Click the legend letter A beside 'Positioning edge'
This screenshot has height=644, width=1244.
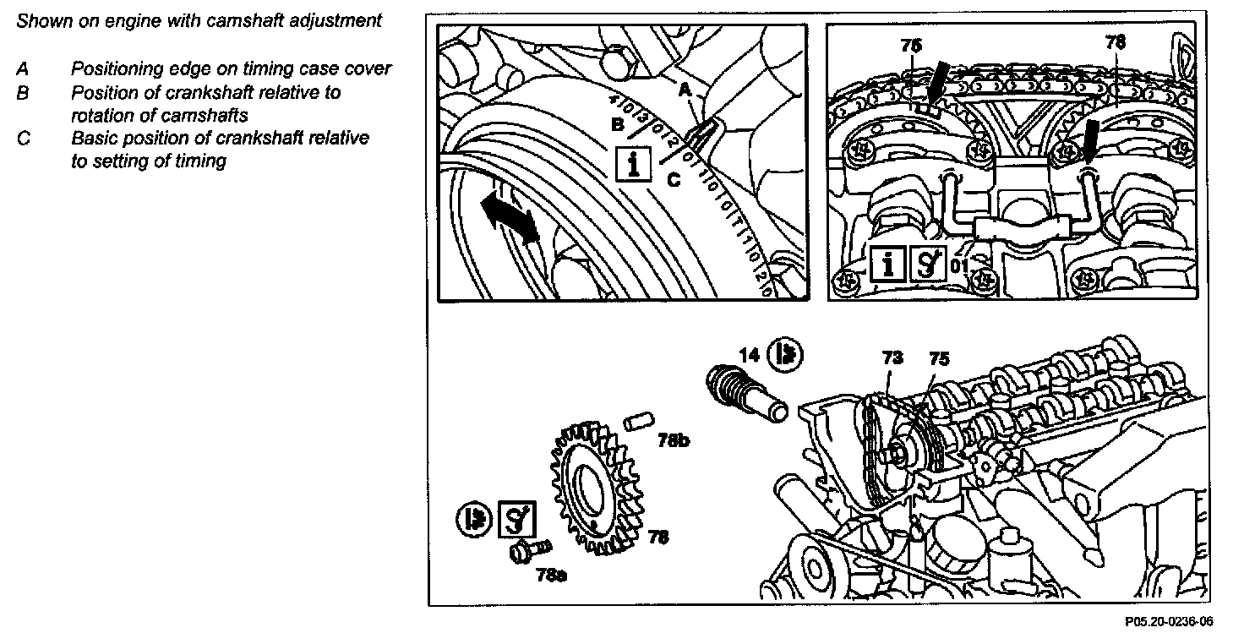coord(23,69)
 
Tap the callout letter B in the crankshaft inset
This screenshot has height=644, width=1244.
coord(618,126)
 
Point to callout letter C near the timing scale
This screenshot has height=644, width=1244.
coord(674,179)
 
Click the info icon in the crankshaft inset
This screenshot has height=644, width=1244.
coord(632,163)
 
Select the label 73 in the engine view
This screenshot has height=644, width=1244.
coord(892,358)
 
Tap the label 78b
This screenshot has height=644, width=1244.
coord(674,440)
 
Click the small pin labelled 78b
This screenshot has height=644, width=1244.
coord(641,420)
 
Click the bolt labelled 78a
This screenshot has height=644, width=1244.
coord(527,551)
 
